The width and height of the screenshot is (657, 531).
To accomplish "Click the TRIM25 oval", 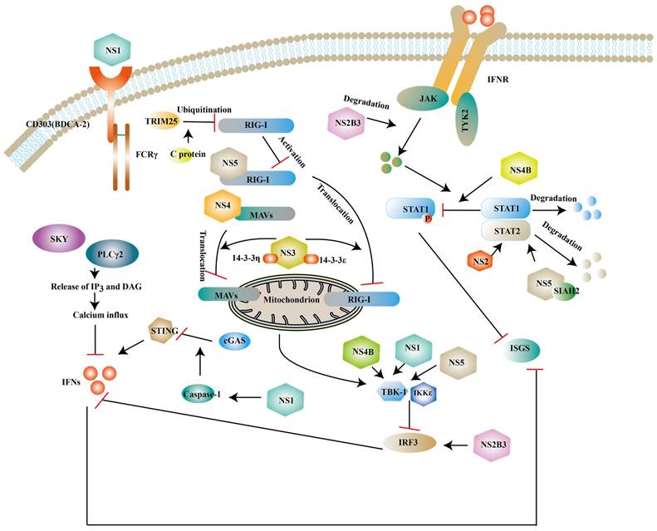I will coord(163,121).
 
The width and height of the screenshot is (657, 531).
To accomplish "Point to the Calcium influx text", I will coord(93,317).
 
